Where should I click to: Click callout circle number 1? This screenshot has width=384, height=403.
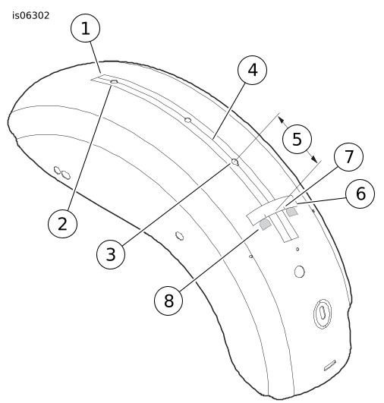click(x=85, y=28)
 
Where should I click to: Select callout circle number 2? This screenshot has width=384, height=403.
click(x=63, y=223)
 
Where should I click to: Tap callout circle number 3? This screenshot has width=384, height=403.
click(x=111, y=254)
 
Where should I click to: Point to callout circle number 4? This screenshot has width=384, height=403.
click(x=253, y=70)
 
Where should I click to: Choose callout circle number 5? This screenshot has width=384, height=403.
click(x=297, y=139)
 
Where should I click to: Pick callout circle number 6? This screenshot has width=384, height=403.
click(x=360, y=194)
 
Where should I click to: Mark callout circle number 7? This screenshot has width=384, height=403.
click(x=348, y=156)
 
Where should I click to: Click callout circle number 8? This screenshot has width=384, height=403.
click(x=168, y=301)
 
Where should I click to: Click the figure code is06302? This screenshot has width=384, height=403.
click(x=31, y=16)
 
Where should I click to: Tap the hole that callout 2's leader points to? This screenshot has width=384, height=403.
click(x=114, y=82)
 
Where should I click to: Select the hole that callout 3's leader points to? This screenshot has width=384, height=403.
click(x=235, y=162)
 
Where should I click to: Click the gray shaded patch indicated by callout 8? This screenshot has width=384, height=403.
click(x=266, y=224)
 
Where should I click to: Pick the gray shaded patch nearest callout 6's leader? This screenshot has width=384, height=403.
click(x=292, y=213)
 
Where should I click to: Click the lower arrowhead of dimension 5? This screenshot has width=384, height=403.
click(x=314, y=159)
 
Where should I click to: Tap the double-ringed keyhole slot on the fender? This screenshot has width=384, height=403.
click(x=322, y=313)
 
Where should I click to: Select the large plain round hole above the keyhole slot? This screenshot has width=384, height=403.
click(x=300, y=272)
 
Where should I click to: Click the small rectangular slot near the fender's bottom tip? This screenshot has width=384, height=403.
click(x=330, y=366)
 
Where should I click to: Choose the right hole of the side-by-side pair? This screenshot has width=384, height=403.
click(x=66, y=175)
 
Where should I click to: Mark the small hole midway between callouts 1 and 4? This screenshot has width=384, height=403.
click(x=188, y=120)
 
